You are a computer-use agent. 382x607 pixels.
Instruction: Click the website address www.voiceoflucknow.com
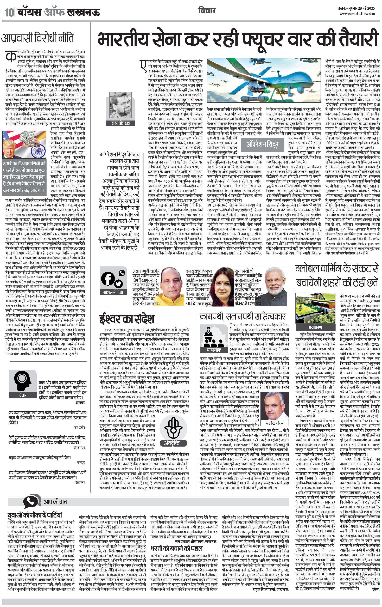pos(357,14)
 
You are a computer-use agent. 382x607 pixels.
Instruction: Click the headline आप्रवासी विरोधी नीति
pos(38,38)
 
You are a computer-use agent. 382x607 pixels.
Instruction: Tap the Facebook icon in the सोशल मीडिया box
pos(107,279)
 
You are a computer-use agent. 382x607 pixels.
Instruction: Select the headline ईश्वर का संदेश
pos(127,319)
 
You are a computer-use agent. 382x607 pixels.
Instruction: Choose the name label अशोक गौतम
pos(275,423)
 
